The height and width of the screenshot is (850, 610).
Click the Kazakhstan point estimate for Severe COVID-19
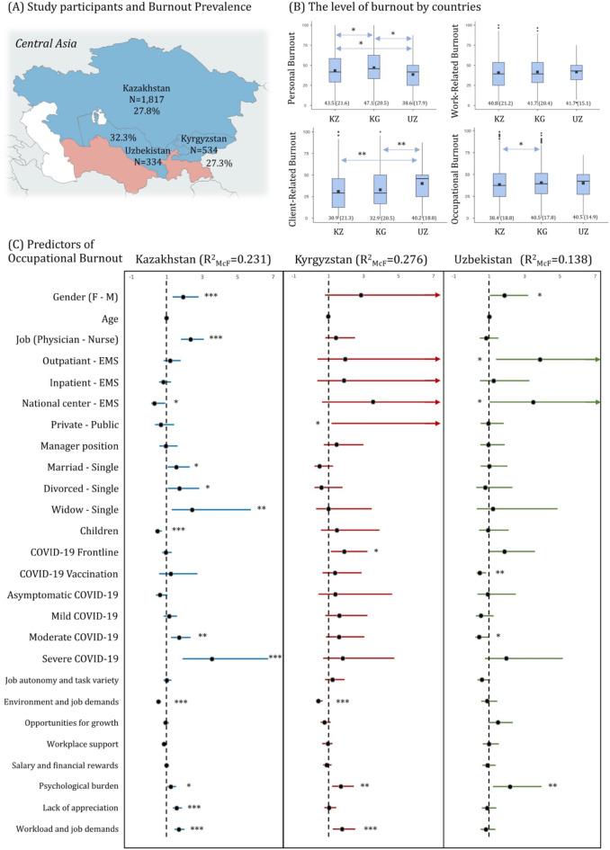click(x=212, y=659)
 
